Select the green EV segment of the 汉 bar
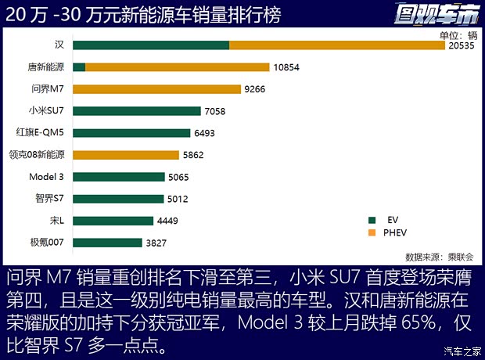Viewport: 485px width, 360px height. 152,45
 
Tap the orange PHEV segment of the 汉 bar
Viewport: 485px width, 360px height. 337,45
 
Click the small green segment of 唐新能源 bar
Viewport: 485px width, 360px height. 79,67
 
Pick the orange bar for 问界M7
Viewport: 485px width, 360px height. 156,89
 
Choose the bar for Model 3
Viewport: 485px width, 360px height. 119,177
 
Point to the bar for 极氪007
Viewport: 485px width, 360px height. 108,243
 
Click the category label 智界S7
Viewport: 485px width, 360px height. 52,199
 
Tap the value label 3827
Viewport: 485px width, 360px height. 156,243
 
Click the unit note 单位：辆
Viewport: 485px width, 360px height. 458,35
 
